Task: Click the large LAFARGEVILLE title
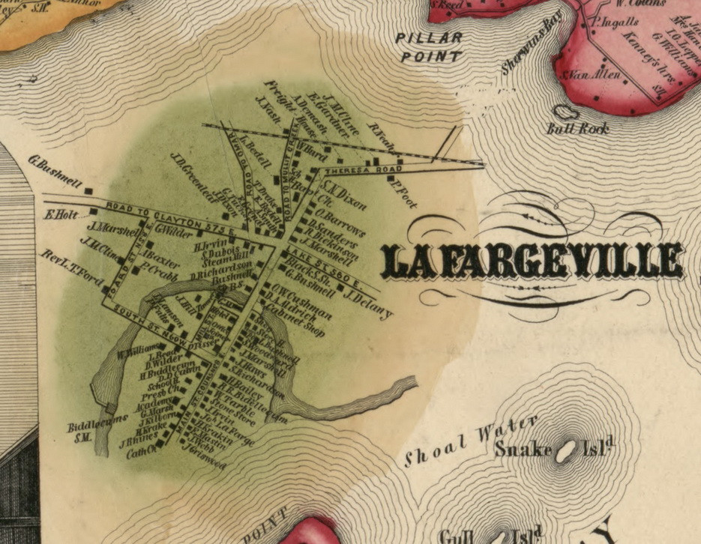pos(533,262)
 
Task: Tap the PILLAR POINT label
pos(430,46)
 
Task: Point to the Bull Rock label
pos(579,128)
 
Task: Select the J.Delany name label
pos(367,303)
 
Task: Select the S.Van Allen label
pos(587,76)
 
